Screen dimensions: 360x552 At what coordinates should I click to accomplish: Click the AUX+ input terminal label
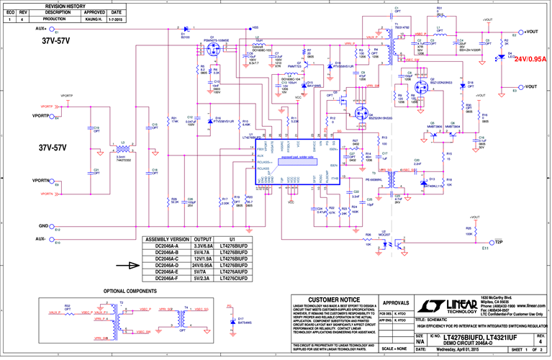coord(40,29)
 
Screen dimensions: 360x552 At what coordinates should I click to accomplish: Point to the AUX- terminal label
coord(40,238)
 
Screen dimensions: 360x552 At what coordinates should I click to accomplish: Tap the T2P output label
coord(498,242)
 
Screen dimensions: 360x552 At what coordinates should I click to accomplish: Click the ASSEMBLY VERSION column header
coord(166,238)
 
